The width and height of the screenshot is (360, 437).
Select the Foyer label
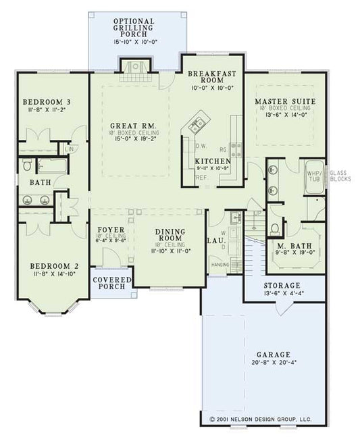pos(110,230)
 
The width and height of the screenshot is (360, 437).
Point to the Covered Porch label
pos(111,282)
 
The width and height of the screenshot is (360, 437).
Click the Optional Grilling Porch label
pos(133,26)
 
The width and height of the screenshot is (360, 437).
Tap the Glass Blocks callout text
pos(338,177)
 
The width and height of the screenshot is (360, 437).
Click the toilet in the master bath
pos(276,228)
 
